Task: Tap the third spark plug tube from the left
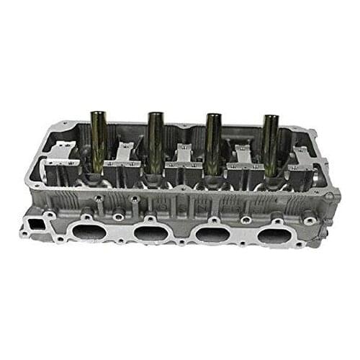tap(213, 144)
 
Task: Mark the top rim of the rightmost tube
tap(271, 117)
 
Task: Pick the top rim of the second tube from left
tap(156, 114)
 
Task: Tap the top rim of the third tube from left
tap(213, 116)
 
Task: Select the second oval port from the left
tap(148, 233)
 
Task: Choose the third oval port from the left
tap(212, 235)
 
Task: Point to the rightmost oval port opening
tap(274, 236)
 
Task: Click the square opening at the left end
tap(32, 228)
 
